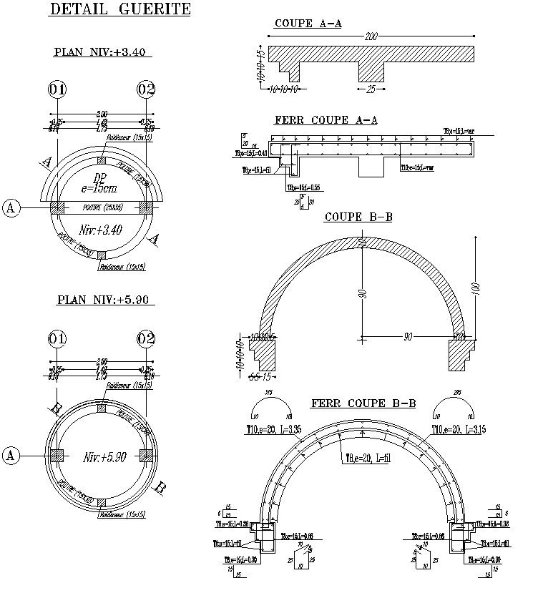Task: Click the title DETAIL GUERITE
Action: click(119, 9)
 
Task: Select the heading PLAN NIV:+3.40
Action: click(102, 52)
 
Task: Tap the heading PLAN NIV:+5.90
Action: click(102, 300)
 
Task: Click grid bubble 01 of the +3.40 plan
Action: click(57, 89)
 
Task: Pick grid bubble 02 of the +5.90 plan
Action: click(146, 338)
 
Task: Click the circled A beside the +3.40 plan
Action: click(11, 207)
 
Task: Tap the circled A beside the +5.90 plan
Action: click(11, 455)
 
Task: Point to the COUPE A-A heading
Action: click(308, 24)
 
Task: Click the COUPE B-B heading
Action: click(358, 217)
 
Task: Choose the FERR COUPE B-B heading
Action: click(363, 403)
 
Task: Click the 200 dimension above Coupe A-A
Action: click(371, 36)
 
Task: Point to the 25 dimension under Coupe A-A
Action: click(371, 90)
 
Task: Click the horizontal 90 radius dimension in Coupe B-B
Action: click(408, 335)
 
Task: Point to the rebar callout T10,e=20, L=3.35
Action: click(272, 428)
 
